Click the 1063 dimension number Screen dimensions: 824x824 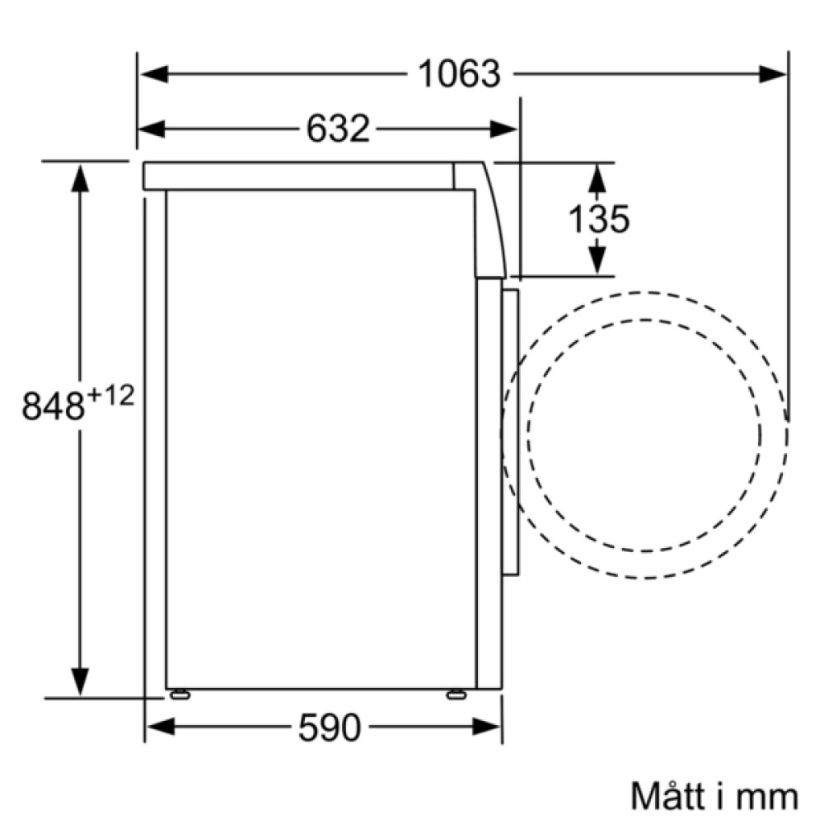point(459,74)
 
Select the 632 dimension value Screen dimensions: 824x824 point(338,129)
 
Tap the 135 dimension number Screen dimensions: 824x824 point(599,219)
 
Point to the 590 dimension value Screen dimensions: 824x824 point(330,728)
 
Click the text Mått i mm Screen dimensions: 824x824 point(714,797)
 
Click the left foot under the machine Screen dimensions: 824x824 point(179,694)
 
